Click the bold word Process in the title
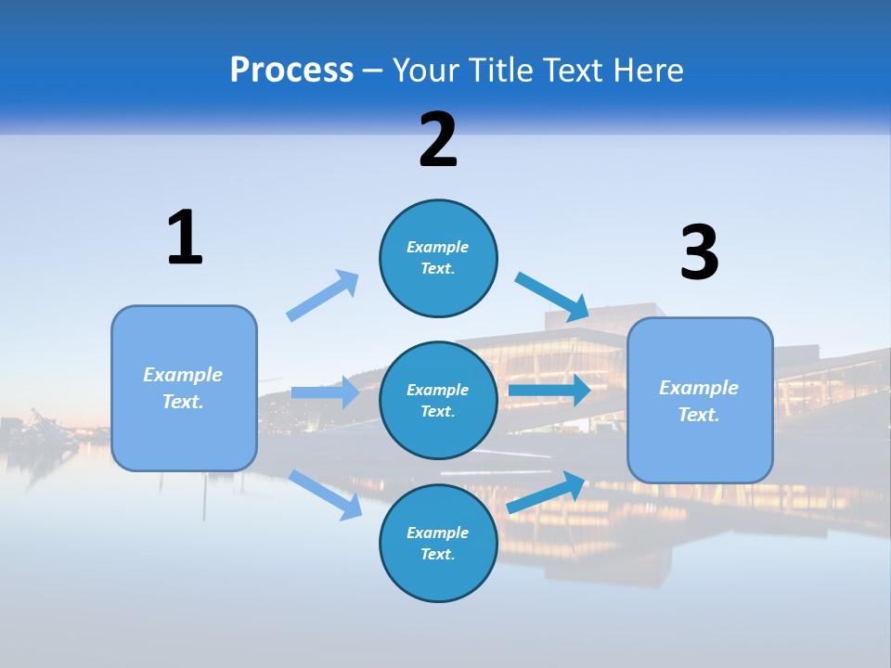[x=291, y=71]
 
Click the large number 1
[x=185, y=238]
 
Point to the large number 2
[x=438, y=140]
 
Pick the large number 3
[x=699, y=252]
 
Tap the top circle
[x=438, y=258]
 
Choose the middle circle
[x=438, y=400]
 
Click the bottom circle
[x=438, y=543]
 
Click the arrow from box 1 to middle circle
[x=325, y=392]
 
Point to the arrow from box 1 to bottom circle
[x=326, y=495]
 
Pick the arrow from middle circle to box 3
[x=549, y=390]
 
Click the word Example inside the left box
[x=183, y=375]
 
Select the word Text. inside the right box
[x=699, y=415]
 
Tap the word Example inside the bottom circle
[x=438, y=533]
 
